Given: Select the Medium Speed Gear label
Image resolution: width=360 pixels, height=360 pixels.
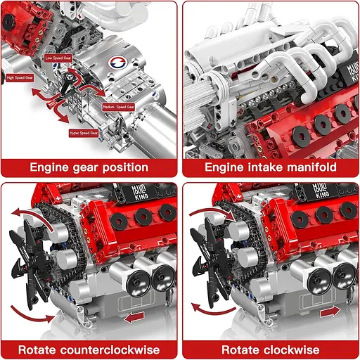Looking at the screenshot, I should (119, 106).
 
